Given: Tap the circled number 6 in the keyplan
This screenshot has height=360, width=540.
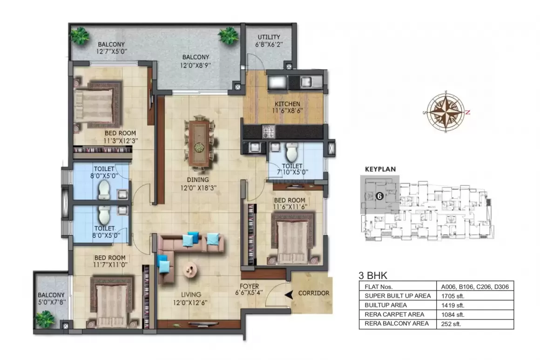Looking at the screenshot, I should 379,196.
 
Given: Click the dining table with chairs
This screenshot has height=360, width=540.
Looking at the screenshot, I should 199,142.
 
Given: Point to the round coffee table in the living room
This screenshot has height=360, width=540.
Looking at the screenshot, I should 190,269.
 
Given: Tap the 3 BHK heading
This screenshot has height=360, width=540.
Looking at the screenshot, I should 373,275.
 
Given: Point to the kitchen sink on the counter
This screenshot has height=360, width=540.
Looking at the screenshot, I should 307,82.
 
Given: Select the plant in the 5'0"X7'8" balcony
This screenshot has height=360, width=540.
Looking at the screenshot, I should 45,319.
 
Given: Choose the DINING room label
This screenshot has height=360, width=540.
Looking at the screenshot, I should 198,179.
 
